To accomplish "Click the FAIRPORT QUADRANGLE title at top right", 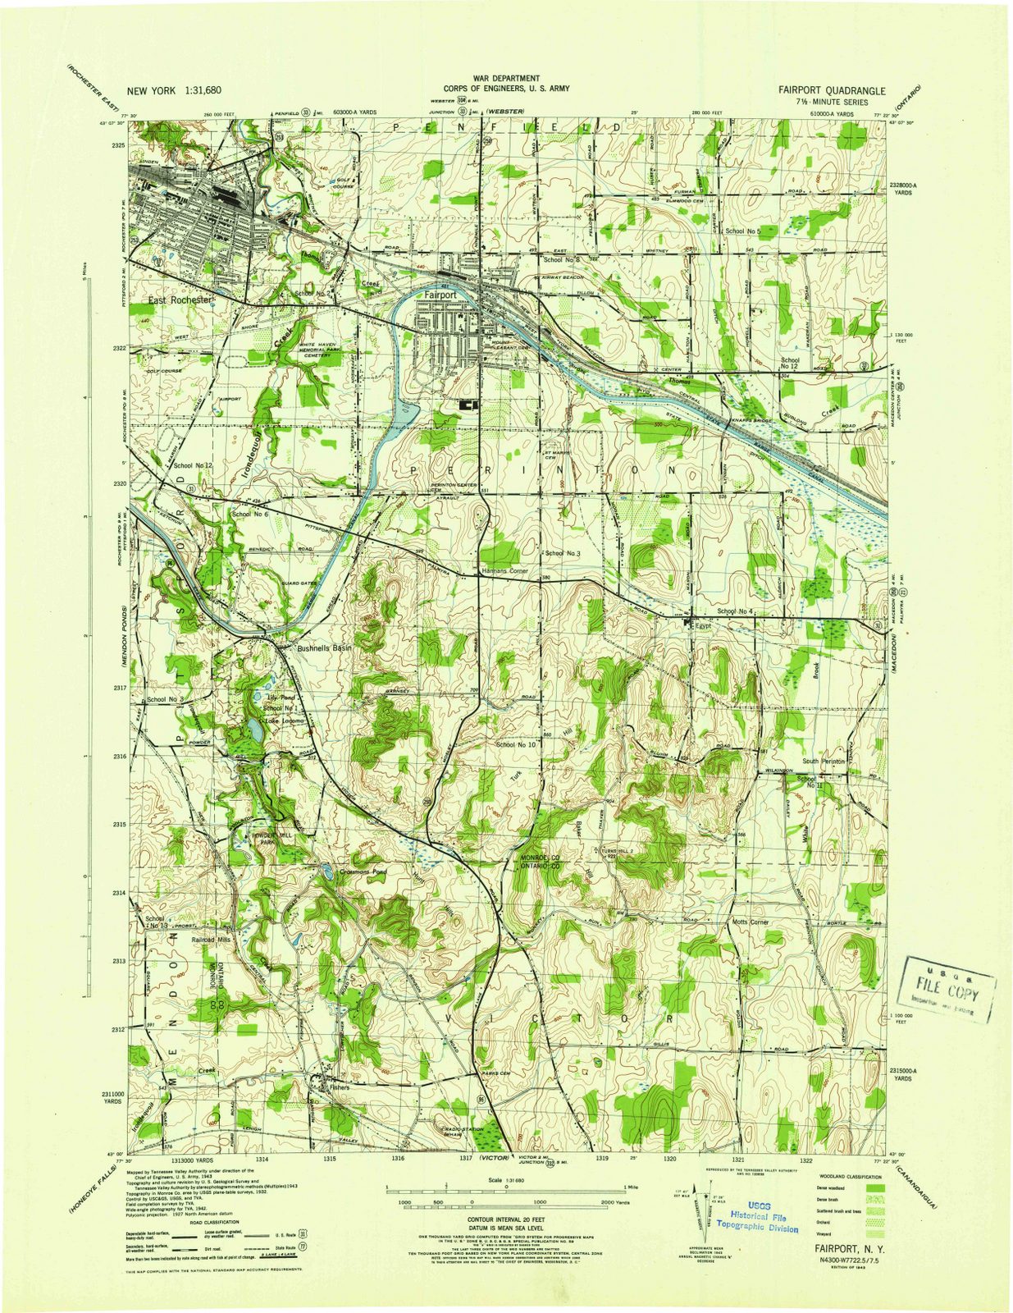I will point(833,90).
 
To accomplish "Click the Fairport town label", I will point(440,294).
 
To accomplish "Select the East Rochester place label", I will point(180,300).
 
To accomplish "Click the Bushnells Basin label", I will point(323,647).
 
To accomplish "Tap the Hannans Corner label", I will point(504,570).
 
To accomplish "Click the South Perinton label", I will point(823,761).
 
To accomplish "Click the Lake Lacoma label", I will point(284,721).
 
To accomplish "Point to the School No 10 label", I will point(515,744).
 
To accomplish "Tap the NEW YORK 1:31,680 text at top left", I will point(174,91).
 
